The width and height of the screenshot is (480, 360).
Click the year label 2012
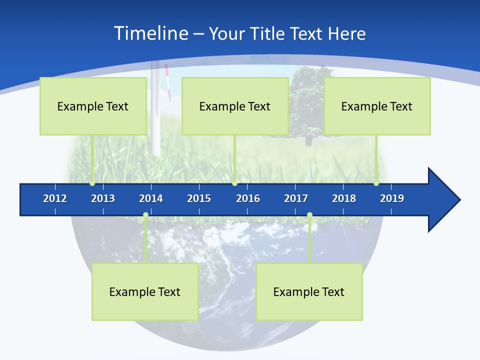pos(55,198)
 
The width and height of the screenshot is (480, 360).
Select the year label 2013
pos(103,198)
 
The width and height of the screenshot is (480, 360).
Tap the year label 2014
pos(151,198)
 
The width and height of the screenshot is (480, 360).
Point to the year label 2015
pos(199,198)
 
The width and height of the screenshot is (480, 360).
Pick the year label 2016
pos(248,198)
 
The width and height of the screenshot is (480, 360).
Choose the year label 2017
pos(296,198)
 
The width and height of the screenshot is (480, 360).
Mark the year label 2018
pos(344,198)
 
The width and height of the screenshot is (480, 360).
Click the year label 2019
pos(392,198)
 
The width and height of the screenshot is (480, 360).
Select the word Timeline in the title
pos(151,33)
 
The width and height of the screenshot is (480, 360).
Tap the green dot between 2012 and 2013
pos(92,183)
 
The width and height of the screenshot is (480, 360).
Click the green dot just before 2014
pos(145,215)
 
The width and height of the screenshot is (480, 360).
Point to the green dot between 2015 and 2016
pos(234,183)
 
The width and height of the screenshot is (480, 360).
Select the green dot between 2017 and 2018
pos(309,215)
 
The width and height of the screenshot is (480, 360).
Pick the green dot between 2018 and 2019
pos(376,183)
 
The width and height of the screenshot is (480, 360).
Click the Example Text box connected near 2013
pos(93,106)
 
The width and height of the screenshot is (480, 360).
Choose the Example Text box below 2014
pos(145,291)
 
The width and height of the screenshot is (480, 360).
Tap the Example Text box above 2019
pos(377,106)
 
